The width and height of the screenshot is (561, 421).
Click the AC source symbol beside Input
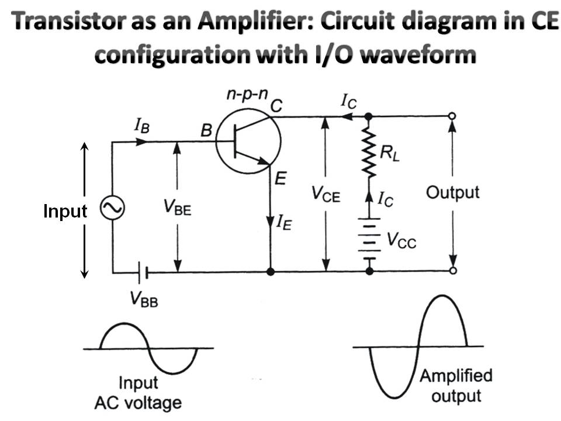point(110,209)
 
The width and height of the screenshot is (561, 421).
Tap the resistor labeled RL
point(369,153)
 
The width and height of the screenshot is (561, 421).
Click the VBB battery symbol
point(143,272)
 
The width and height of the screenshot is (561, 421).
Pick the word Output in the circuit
point(452,192)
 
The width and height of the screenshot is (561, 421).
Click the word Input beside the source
point(65,211)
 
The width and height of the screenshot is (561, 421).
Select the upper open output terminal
point(453,116)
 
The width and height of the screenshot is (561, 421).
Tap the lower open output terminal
point(453,271)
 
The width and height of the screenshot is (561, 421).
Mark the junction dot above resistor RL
point(369,116)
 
